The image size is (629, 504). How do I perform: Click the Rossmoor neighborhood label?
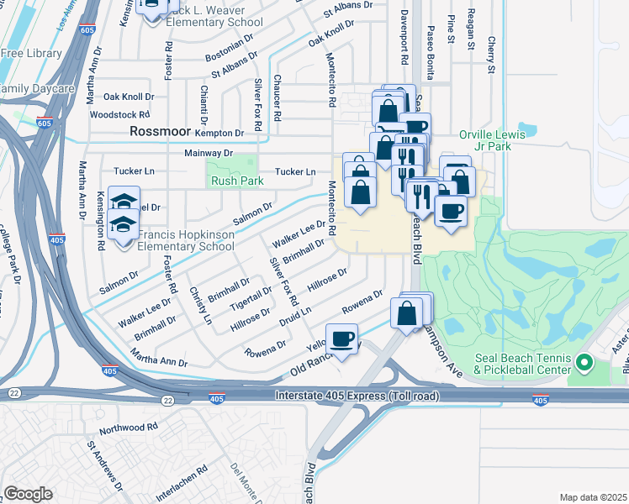point(161,132)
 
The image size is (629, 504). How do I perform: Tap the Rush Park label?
point(237,181)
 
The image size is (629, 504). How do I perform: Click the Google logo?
point(28,494)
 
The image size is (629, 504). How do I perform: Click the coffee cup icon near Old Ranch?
point(341,339)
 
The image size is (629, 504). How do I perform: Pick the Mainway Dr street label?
point(208,154)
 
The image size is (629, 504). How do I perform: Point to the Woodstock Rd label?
point(119,114)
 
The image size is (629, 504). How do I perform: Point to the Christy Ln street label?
point(201,304)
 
